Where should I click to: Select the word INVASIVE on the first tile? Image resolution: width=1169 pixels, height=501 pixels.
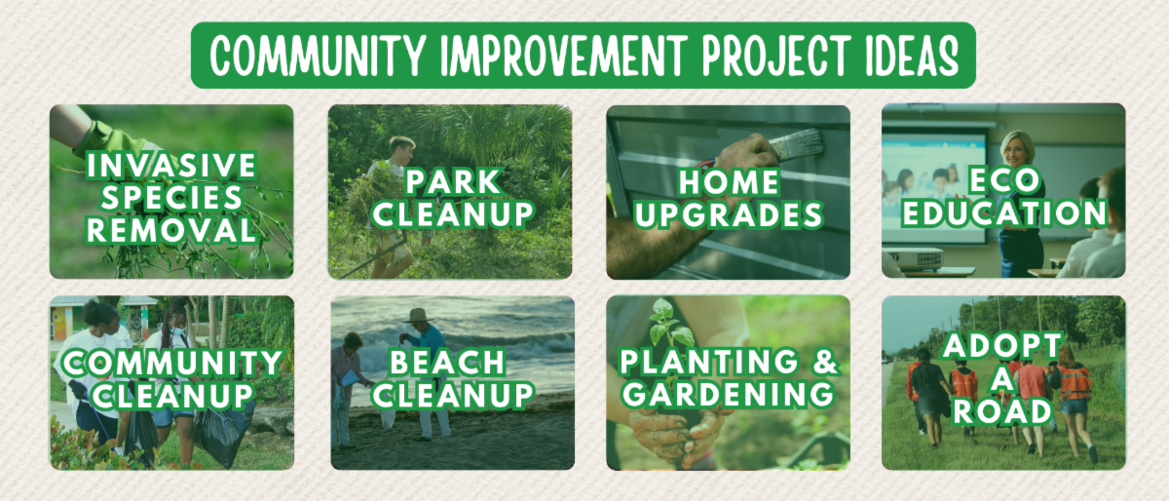point(171,165)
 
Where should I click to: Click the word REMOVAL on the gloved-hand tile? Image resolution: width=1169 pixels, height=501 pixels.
point(171,230)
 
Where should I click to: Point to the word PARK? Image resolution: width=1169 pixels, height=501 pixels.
point(453,181)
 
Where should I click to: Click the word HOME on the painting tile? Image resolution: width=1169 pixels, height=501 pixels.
point(729,182)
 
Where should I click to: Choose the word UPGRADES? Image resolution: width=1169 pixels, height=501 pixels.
point(729,214)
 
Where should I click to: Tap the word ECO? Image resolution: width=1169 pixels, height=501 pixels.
point(1004,180)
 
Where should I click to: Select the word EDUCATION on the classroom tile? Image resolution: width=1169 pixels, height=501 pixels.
point(1004,213)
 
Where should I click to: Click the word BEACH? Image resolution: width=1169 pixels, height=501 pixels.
point(448,362)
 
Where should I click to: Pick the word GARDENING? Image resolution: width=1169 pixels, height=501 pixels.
point(729,394)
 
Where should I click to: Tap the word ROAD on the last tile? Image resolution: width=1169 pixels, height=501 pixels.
point(1002,411)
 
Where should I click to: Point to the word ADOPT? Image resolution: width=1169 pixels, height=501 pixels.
point(1002,345)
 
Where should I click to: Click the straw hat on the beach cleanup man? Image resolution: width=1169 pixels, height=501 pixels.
point(419,315)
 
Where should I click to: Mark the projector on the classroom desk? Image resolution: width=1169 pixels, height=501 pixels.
point(915,257)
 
